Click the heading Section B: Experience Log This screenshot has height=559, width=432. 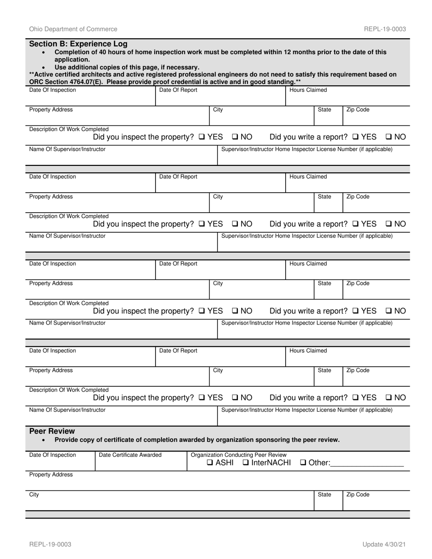point(78,44)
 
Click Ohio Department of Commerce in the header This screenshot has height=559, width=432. point(73,29)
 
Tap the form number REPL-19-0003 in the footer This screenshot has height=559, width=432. point(50,544)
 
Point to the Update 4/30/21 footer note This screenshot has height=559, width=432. point(384,544)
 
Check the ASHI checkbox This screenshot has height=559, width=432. point(210,463)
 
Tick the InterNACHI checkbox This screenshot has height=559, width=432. point(246,463)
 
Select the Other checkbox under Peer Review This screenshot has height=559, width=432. point(303,463)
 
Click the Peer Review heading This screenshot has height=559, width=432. point(52,431)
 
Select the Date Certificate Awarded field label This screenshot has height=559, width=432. point(130,455)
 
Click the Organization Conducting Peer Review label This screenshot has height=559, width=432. point(239,455)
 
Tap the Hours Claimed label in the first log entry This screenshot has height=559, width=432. point(308,90)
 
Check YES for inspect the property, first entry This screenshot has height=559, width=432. point(202,137)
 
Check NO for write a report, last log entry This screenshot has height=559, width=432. point(389,398)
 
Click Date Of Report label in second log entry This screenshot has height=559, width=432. point(178,177)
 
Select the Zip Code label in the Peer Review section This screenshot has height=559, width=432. point(358,494)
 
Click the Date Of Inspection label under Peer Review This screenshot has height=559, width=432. point(53,455)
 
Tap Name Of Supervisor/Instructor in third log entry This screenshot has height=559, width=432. point(67,323)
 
